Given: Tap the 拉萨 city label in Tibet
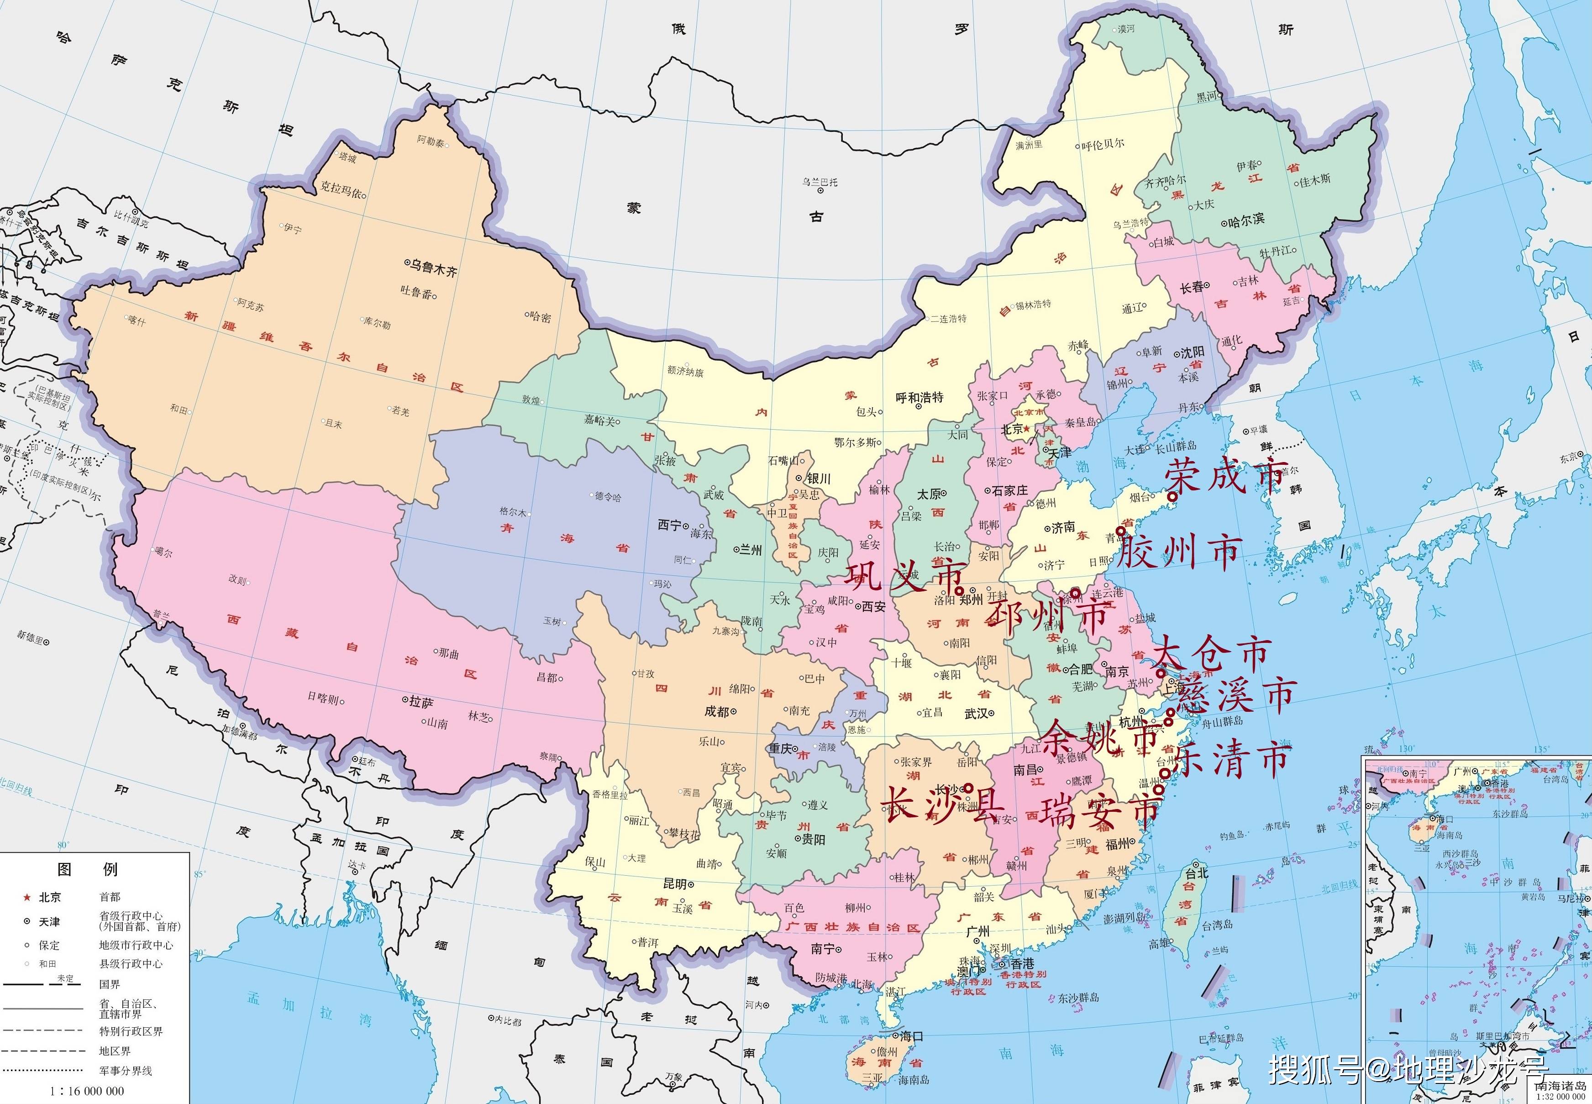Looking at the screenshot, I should (420, 702).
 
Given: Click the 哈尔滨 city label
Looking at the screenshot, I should (1246, 219).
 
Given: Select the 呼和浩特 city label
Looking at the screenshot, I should (920, 398).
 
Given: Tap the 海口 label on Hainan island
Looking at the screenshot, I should (911, 1036).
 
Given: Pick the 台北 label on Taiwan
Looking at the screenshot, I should (1197, 873).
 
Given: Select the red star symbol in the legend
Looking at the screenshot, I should (27, 897).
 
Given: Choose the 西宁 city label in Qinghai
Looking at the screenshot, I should (669, 525).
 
